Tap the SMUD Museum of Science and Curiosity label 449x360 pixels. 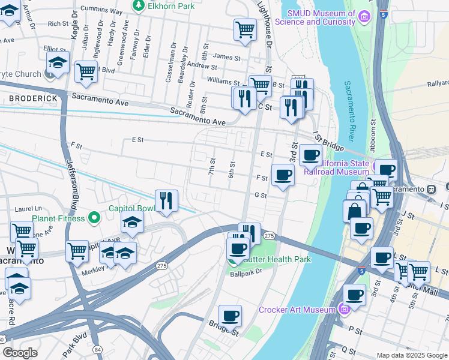pos(322,18)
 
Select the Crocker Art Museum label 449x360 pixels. pos(297,310)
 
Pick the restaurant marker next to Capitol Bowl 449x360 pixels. pos(166,202)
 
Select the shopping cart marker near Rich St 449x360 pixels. pos(245,29)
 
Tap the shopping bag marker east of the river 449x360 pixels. pos(354,211)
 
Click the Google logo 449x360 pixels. pos(20,353)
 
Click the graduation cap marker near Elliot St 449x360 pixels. pos(58,62)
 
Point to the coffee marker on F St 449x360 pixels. pos(283,175)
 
